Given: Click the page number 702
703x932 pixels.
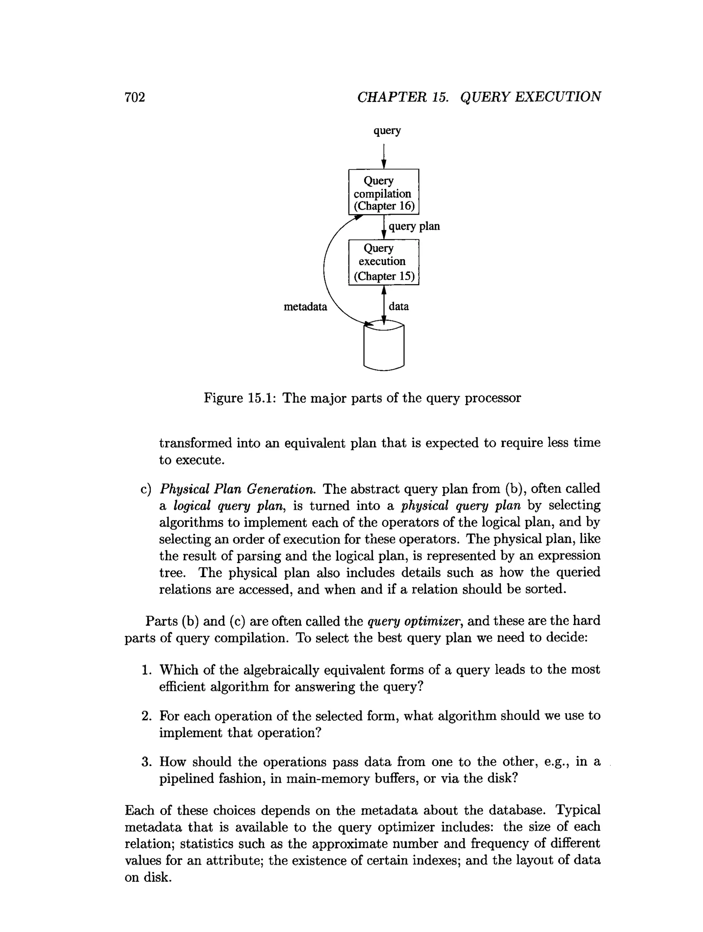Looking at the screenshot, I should click(135, 97).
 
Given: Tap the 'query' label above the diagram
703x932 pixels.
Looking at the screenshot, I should click(387, 131).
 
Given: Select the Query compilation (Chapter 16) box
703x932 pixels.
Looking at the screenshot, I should click(383, 192).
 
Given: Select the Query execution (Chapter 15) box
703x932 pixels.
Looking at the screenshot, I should click(383, 262).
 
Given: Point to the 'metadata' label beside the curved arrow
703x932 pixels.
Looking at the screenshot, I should click(305, 307).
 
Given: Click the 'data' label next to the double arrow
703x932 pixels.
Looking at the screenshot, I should click(399, 306).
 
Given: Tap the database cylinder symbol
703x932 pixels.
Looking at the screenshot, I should click(383, 348).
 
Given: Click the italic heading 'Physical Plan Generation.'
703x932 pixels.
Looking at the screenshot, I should click(237, 489).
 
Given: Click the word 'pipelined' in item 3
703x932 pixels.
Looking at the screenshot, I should click(185, 779).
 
